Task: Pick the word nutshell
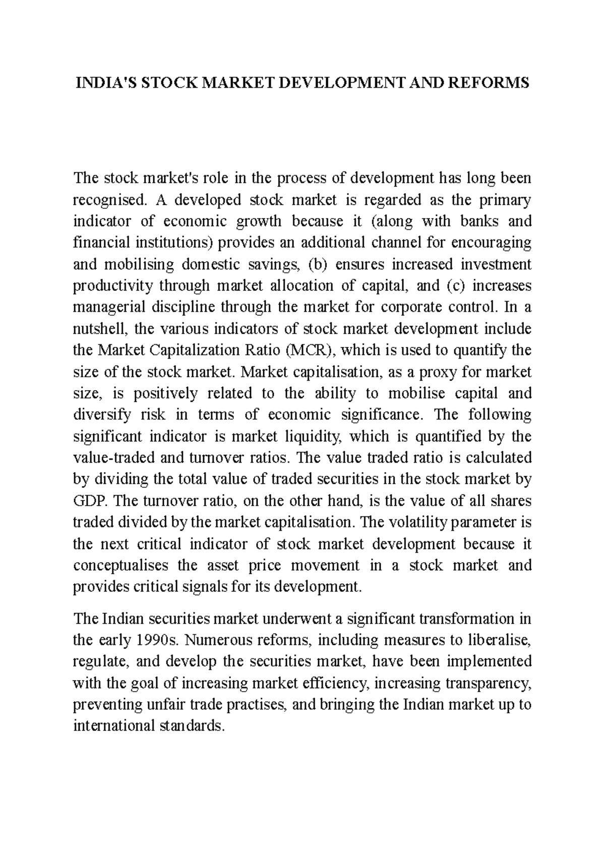[97, 329]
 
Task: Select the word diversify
[102, 415]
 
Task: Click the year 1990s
[158, 640]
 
